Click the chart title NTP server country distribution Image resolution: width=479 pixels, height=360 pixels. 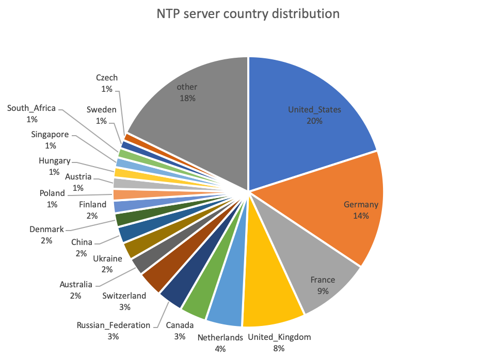click(x=248, y=14)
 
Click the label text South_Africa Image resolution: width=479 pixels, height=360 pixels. click(x=31, y=108)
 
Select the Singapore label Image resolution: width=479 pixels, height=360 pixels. click(x=50, y=134)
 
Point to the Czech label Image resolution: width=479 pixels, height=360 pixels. click(x=107, y=77)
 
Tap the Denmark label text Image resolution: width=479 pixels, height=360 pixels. click(x=47, y=230)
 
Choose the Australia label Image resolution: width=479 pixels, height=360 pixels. click(x=76, y=285)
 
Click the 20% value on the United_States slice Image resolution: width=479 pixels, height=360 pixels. click(x=315, y=121)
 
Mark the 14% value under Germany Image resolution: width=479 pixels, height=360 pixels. click(x=361, y=216)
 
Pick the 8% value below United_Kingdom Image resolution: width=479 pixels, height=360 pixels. click(x=279, y=349)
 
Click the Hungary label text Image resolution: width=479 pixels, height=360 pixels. click(x=55, y=161)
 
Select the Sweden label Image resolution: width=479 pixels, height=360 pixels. click(x=101, y=110)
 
